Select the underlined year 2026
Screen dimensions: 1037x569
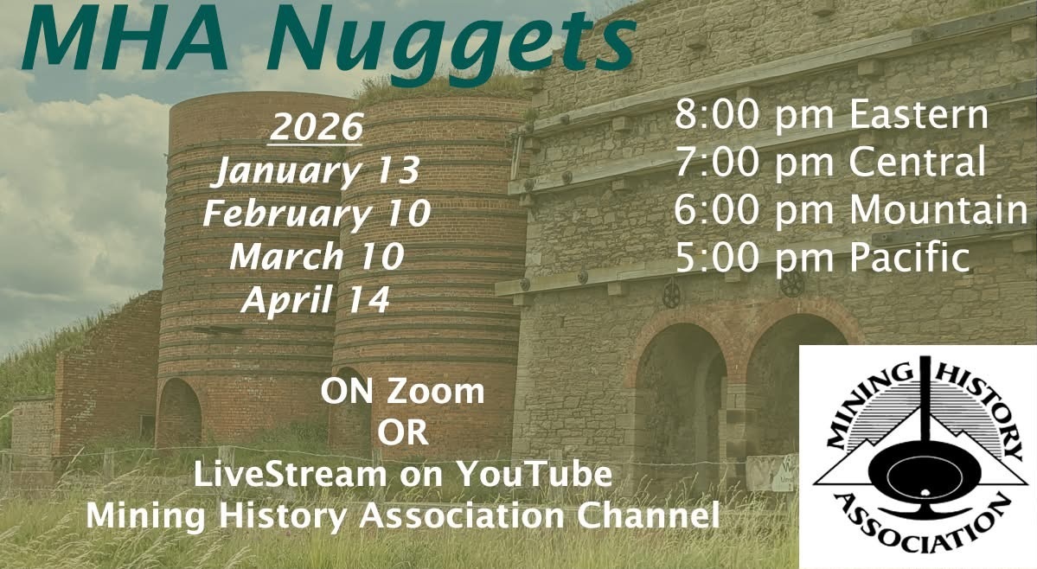pos(317,127)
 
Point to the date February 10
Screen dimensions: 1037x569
pos(317,214)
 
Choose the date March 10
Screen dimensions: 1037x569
pos(317,257)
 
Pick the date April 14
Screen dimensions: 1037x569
pos(317,300)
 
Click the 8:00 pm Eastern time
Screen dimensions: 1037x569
pos(831,114)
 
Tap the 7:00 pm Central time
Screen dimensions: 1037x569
pos(830,162)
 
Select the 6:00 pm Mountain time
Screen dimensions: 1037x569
pos(851,209)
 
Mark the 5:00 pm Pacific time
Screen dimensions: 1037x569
pos(822,257)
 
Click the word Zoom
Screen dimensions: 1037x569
pos(435,391)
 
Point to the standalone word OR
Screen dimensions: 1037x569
pos(403,433)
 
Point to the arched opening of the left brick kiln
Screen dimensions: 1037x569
pos(178,413)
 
